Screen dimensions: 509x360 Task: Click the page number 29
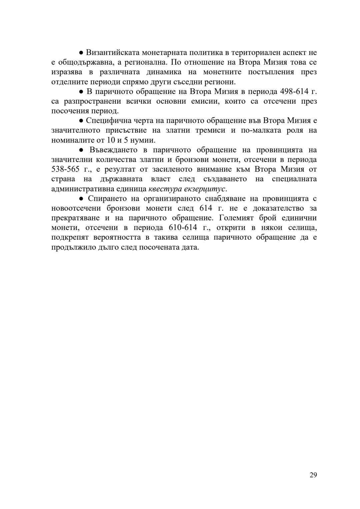(313, 475)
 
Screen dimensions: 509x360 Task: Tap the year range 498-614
(295, 91)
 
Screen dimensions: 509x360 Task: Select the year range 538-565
(65, 169)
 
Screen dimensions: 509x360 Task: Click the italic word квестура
(165, 189)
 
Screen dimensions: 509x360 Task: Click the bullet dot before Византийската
(81, 53)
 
